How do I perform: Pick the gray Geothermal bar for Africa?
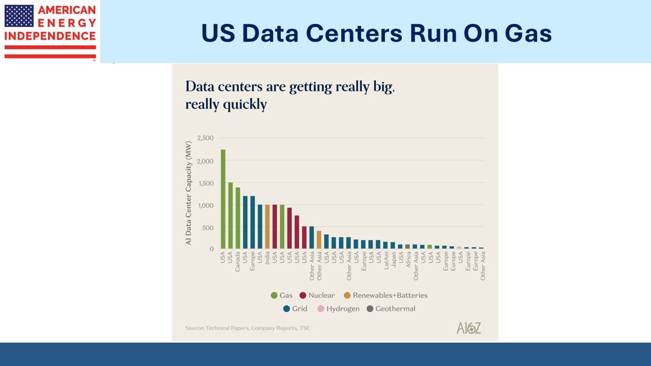[x=407, y=247]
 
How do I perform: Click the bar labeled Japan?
[x=393, y=245]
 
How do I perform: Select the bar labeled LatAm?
[x=386, y=245]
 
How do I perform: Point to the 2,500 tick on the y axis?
[x=205, y=138]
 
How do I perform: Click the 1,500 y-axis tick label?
[x=205, y=183]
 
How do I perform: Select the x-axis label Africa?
[x=408, y=259]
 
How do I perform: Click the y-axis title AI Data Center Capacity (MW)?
[x=189, y=194]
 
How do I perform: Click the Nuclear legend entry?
[x=317, y=295]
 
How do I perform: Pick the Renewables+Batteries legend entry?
[x=386, y=295]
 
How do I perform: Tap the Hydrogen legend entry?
[x=338, y=309]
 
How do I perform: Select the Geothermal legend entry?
[x=391, y=309]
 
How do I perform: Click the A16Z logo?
[x=468, y=328]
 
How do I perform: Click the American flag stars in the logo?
[x=19, y=16]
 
